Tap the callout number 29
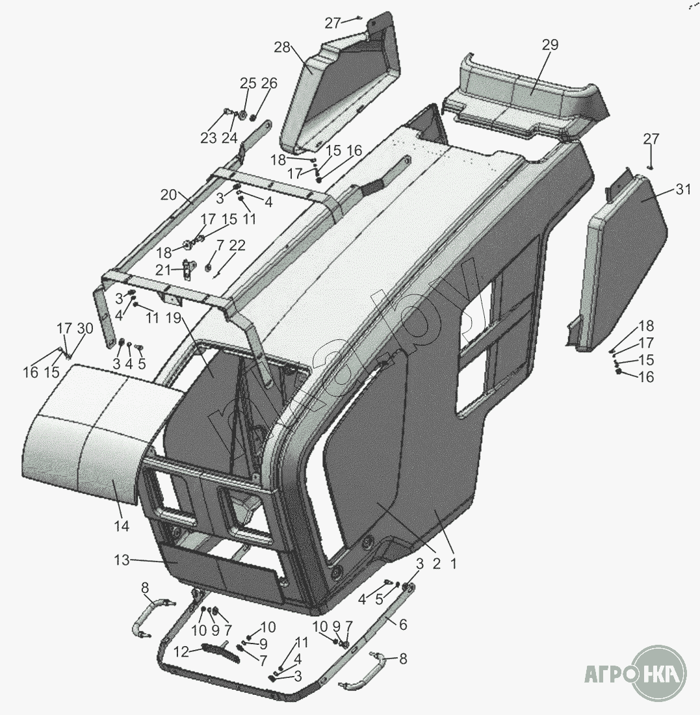tap(550, 45)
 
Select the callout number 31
tap(683, 190)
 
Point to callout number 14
tap(122, 526)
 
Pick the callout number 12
tap(183, 652)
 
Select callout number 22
tap(238, 245)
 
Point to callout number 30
tap(84, 329)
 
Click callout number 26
tap(268, 83)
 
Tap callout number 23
tap(208, 138)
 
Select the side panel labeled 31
tap(624, 260)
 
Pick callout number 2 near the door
tap(437, 564)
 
